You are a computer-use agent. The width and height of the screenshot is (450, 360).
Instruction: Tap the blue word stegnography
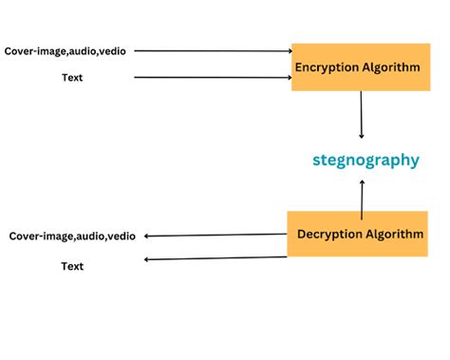pyautogui.click(x=366, y=160)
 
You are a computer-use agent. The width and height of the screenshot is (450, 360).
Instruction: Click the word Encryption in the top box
pyautogui.click(x=328, y=67)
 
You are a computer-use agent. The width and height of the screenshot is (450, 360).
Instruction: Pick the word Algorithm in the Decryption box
pyautogui.click(x=391, y=234)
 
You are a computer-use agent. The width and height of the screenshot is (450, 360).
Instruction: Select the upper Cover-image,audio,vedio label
pyautogui.click(x=65, y=50)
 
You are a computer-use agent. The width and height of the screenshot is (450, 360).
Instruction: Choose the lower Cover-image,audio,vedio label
pyautogui.click(x=72, y=236)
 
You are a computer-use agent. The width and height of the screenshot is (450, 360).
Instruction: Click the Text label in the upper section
pyautogui.click(x=71, y=78)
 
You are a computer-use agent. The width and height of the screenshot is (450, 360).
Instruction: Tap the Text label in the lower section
pyautogui.click(x=72, y=266)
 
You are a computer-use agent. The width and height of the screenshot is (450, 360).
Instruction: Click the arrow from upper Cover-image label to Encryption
pyautogui.click(x=214, y=50)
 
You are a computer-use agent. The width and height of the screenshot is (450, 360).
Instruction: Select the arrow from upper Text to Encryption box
pyautogui.click(x=214, y=78)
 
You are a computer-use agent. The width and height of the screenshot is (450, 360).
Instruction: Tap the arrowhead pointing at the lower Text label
pyautogui.click(x=146, y=258)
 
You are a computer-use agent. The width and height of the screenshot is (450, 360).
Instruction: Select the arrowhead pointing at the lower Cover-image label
pyautogui.click(x=147, y=237)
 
